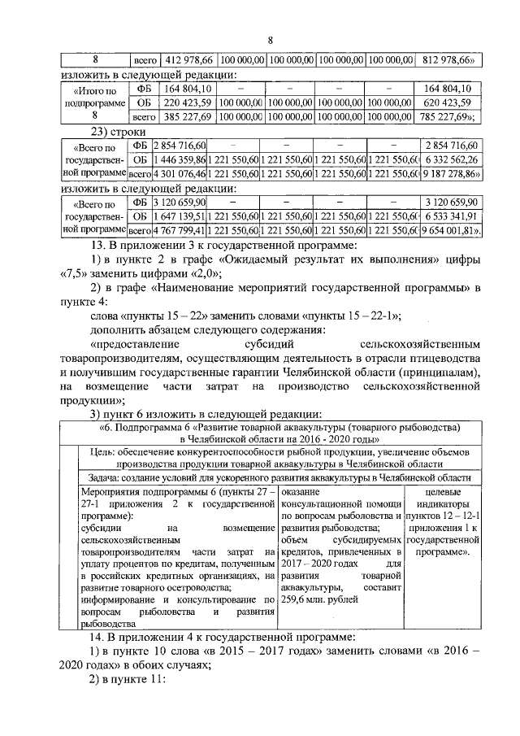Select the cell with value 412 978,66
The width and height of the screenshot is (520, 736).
(188, 60)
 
